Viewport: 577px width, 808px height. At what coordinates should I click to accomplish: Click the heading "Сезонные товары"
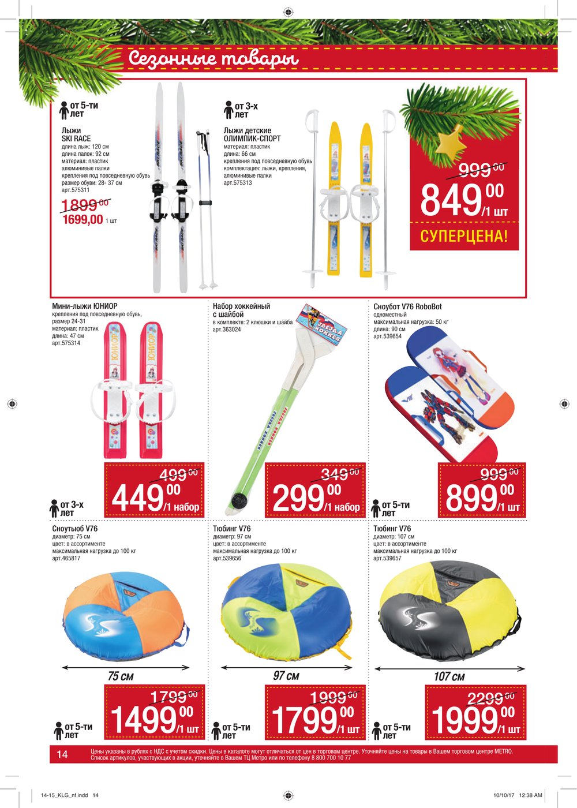[x=213, y=58]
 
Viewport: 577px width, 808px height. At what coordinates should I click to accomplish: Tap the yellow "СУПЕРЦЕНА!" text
[x=464, y=236]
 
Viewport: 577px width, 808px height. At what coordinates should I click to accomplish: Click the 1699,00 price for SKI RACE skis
[x=83, y=219]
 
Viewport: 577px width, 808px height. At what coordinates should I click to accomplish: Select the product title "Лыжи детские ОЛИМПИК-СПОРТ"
[x=252, y=134]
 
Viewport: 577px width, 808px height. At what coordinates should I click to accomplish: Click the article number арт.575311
[x=76, y=190]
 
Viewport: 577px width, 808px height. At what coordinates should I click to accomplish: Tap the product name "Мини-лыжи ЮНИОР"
[x=84, y=306]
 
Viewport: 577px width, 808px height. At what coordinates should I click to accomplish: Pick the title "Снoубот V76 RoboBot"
[x=407, y=307]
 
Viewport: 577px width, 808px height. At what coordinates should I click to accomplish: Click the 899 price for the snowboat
[x=471, y=498]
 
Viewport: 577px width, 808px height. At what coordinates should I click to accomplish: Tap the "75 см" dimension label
[x=121, y=676]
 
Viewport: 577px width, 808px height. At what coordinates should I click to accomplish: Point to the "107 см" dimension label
[x=449, y=676]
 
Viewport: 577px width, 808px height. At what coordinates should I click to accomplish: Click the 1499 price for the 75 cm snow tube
[x=143, y=720]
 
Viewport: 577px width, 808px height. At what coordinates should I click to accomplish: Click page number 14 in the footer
[x=62, y=754]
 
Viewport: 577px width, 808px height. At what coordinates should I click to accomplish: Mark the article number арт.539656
[x=227, y=559]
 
